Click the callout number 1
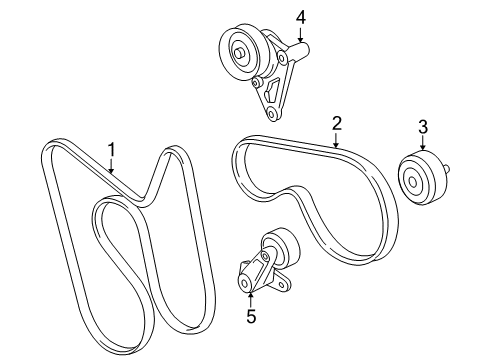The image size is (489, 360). pyautogui.click(x=112, y=150)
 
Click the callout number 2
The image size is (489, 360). pyautogui.click(x=337, y=124)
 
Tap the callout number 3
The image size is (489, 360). pyautogui.click(x=422, y=126)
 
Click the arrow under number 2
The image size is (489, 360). pyautogui.click(x=337, y=141)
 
